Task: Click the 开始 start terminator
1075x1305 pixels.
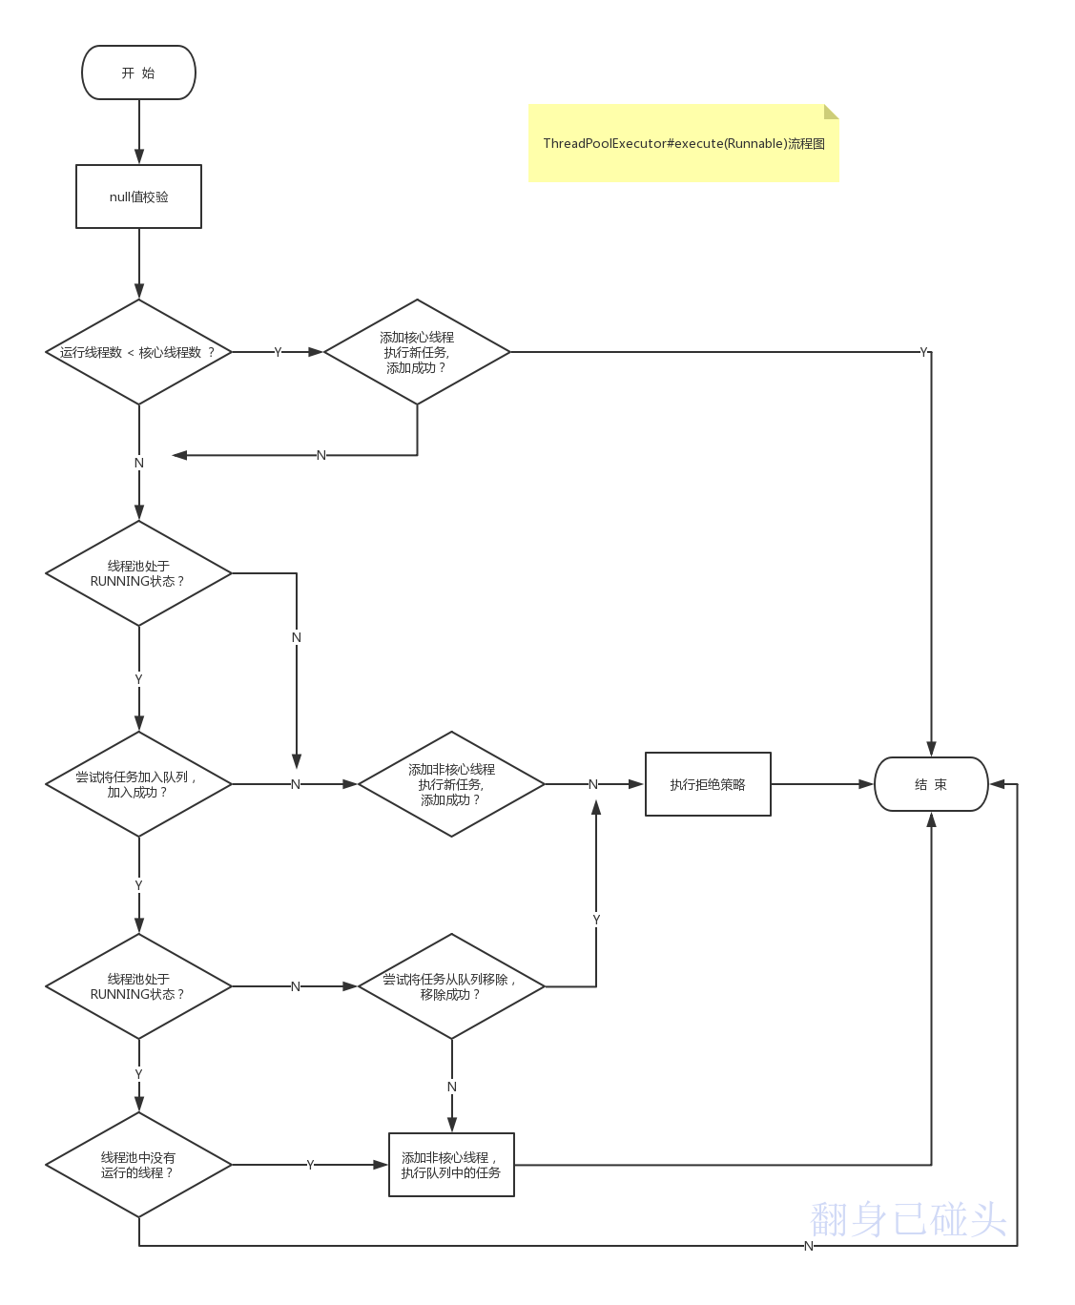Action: [138, 72]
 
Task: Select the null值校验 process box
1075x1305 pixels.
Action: [138, 197]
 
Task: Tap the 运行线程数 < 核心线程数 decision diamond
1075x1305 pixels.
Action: [138, 352]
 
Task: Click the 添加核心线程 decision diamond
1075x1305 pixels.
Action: [417, 352]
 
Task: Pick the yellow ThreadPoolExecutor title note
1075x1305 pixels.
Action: [683, 143]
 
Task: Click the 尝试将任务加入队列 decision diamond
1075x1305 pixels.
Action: [138, 784]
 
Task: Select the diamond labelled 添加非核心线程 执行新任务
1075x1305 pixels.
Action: [451, 784]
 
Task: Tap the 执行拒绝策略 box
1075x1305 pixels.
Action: [708, 784]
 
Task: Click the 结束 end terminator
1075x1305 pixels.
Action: [931, 784]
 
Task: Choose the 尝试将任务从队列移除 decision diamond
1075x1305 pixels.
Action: [451, 986]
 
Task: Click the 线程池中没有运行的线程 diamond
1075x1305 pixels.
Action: [138, 1165]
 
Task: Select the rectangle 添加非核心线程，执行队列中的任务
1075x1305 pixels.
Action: [451, 1165]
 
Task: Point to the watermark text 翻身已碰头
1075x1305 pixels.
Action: [908, 1219]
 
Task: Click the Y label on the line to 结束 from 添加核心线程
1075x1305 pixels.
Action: [923, 352]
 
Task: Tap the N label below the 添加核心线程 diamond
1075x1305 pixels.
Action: [321, 455]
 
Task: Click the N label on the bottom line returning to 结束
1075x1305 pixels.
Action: [809, 1246]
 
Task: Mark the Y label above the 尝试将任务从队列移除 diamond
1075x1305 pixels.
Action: [596, 920]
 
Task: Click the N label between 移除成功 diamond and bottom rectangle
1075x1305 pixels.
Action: [452, 1087]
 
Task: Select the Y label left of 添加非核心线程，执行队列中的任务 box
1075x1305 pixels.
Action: [310, 1165]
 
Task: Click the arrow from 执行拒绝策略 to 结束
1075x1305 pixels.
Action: [822, 784]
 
